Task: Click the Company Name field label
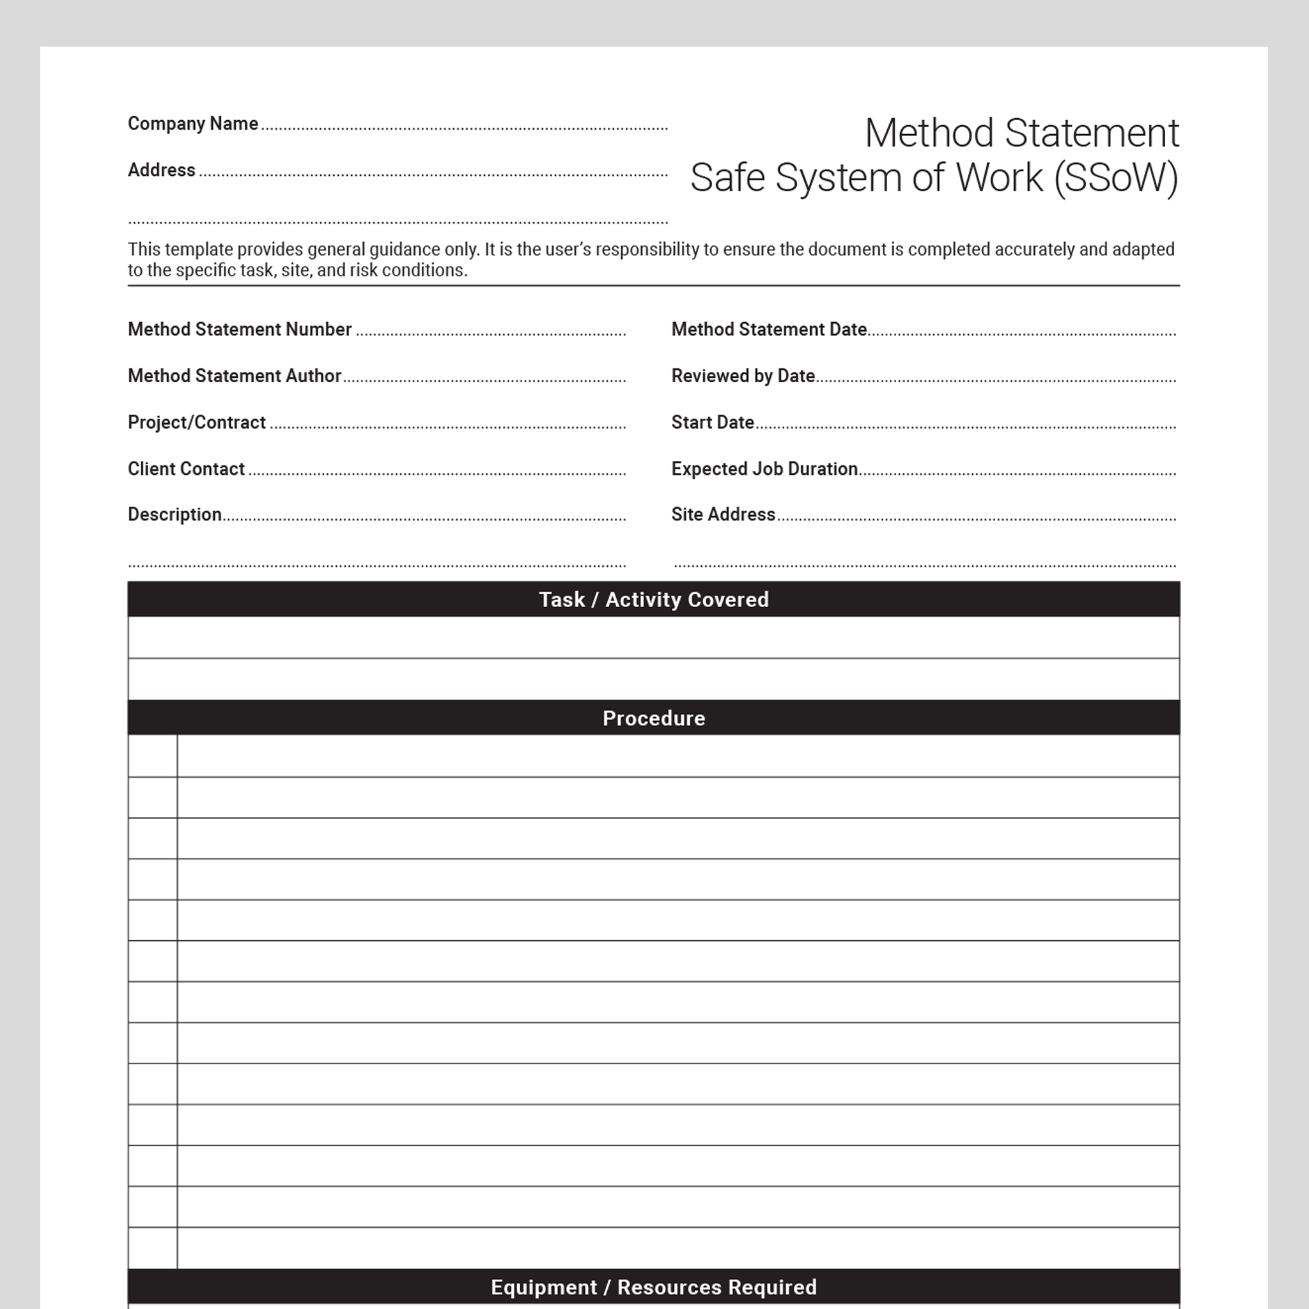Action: coord(193,123)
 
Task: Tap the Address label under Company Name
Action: coord(161,169)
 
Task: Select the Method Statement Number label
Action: coord(240,329)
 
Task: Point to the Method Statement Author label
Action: coord(235,375)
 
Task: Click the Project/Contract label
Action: coord(196,422)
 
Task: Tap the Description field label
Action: coord(174,515)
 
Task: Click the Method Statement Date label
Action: coord(769,329)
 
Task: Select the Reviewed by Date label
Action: coord(743,375)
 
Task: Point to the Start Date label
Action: coord(712,422)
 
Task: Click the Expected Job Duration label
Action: coord(764,469)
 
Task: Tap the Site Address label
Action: coord(723,515)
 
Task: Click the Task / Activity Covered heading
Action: coord(654,600)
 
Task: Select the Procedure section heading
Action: coord(654,718)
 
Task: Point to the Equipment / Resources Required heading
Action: coord(654,1287)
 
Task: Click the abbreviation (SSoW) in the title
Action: coord(1116,178)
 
